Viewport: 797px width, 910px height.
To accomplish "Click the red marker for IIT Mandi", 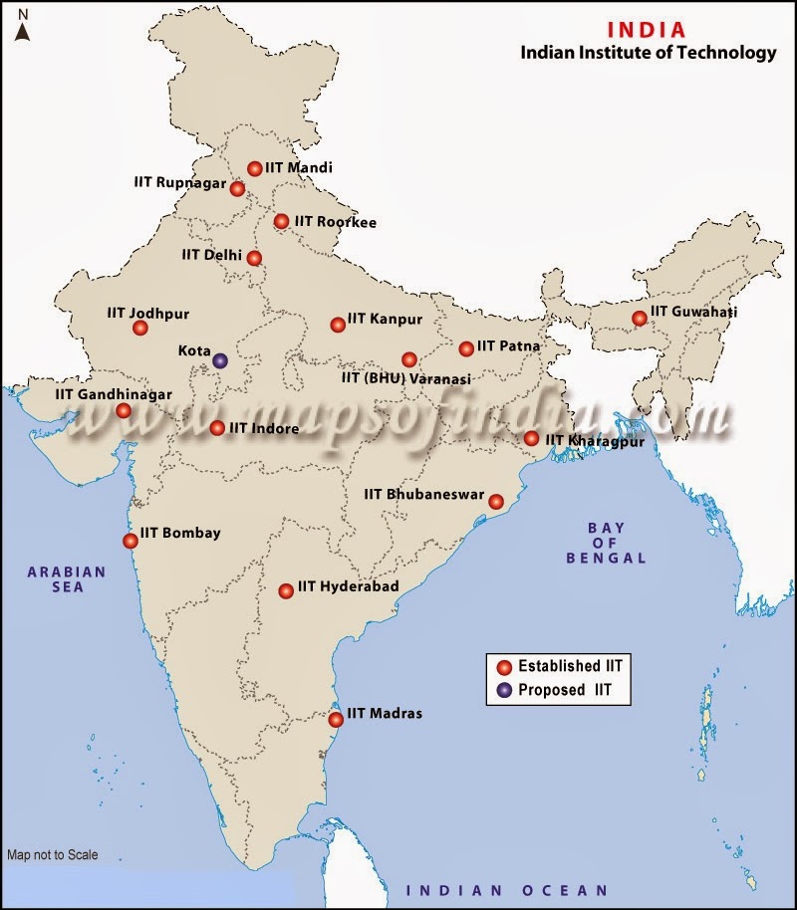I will click(x=255, y=168).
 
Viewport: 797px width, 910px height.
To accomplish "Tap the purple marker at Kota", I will click(x=220, y=360).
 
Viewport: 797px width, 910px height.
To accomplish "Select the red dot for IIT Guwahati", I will click(x=639, y=319).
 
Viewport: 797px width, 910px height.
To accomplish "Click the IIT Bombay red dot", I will click(x=131, y=541).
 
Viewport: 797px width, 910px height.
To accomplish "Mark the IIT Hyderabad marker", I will click(x=286, y=589).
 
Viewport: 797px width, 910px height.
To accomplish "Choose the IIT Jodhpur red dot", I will click(x=139, y=327).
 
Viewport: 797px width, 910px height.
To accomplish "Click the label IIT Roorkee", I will click(x=335, y=222).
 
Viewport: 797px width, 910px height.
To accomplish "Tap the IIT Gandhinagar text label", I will click(x=114, y=394).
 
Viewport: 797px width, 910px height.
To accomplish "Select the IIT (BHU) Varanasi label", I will click(x=406, y=378).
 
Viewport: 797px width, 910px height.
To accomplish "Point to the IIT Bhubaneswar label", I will click(x=423, y=494).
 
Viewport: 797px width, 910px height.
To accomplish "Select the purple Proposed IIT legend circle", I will click(x=504, y=689).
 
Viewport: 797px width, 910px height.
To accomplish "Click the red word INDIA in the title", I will click(x=648, y=30).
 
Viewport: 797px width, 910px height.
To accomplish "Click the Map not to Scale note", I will click(x=52, y=854).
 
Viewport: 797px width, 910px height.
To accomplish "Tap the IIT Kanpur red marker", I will click(x=338, y=324).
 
